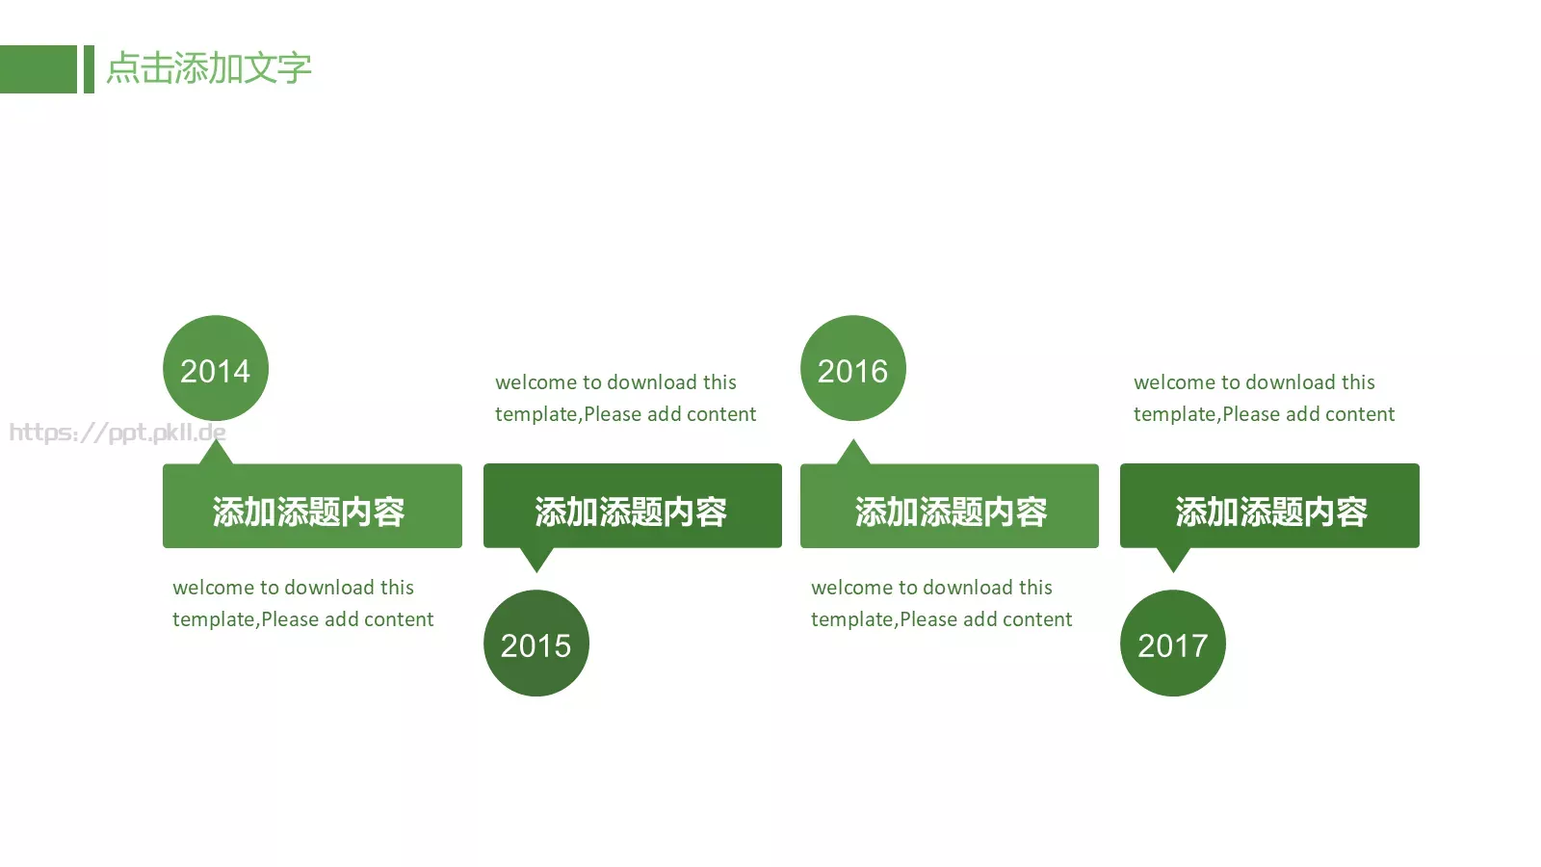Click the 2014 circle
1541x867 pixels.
tap(216, 368)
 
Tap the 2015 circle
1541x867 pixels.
tap(536, 644)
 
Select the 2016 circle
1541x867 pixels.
tap(853, 368)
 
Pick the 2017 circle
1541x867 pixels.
tap(1173, 644)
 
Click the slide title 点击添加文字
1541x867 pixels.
tap(209, 68)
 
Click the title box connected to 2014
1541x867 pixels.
tap(312, 507)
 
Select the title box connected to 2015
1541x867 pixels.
tap(633, 507)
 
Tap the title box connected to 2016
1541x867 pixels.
tap(950, 507)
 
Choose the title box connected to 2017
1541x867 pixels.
tap(1269, 507)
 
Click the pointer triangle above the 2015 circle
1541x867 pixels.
tap(536, 558)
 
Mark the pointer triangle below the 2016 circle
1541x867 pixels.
tap(853, 454)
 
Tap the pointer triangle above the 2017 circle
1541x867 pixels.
tap(1173, 558)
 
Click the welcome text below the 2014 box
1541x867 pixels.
tap(302, 603)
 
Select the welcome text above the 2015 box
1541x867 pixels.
tap(625, 398)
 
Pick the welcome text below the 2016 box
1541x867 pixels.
tap(941, 603)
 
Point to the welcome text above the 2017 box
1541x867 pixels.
tap(1264, 398)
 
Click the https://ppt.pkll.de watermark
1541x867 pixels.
tap(118, 433)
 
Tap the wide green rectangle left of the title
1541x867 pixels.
tap(38, 69)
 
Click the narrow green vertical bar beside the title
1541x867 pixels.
tap(89, 69)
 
